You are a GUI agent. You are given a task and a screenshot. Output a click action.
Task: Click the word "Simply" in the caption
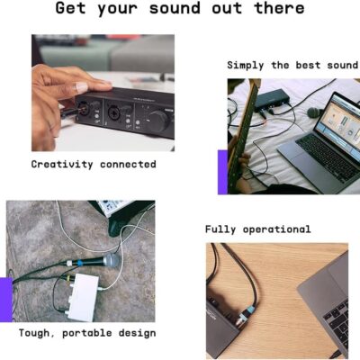click(247, 65)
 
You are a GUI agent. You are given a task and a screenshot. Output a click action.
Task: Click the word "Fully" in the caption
click(221, 229)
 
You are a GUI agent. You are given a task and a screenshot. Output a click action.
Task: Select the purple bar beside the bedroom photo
click(222, 172)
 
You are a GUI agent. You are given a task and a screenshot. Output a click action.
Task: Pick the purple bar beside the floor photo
click(5, 300)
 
